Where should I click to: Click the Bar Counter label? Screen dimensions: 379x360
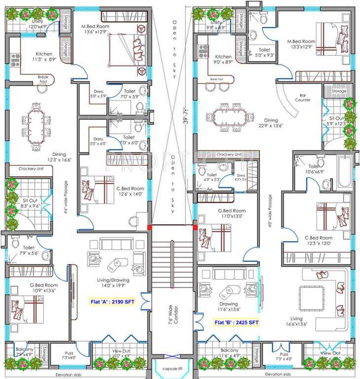302,97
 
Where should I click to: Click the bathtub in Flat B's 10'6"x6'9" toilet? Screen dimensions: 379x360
345,171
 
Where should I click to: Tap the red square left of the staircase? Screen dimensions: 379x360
149,227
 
